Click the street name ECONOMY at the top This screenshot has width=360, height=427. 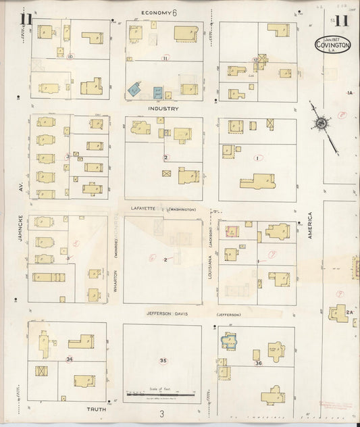tap(157, 13)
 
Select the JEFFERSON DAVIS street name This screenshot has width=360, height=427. tap(170, 314)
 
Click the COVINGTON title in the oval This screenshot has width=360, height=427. tap(333, 45)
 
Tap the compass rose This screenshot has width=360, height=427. tap(322, 124)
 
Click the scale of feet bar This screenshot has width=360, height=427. tap(162, 393)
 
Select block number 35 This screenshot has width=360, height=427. tap(163, 361)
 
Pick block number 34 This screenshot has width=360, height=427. tap(70, 359)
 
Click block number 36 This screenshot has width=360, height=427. tap(258, 363)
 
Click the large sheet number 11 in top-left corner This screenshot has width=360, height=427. tap(26, 18)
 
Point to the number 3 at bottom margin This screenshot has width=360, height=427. tap(162, 413)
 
